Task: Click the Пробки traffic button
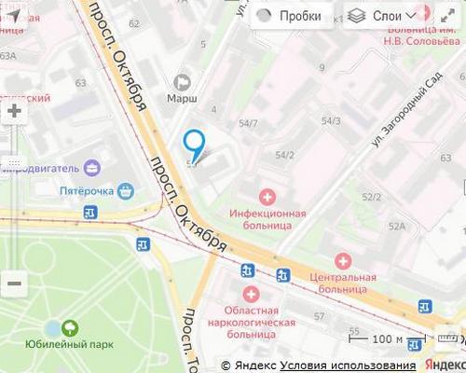pos(289,16)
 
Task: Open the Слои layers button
pos(377,16)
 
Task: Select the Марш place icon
pos(182,82)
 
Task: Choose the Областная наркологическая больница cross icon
pos(251,294)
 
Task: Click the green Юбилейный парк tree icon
pos(69,327)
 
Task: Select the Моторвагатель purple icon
pos(92,168)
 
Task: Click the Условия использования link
pos(348,365)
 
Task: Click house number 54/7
pos(248,123)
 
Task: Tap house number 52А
pos(397,226)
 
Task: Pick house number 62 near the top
pos(134,23)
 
